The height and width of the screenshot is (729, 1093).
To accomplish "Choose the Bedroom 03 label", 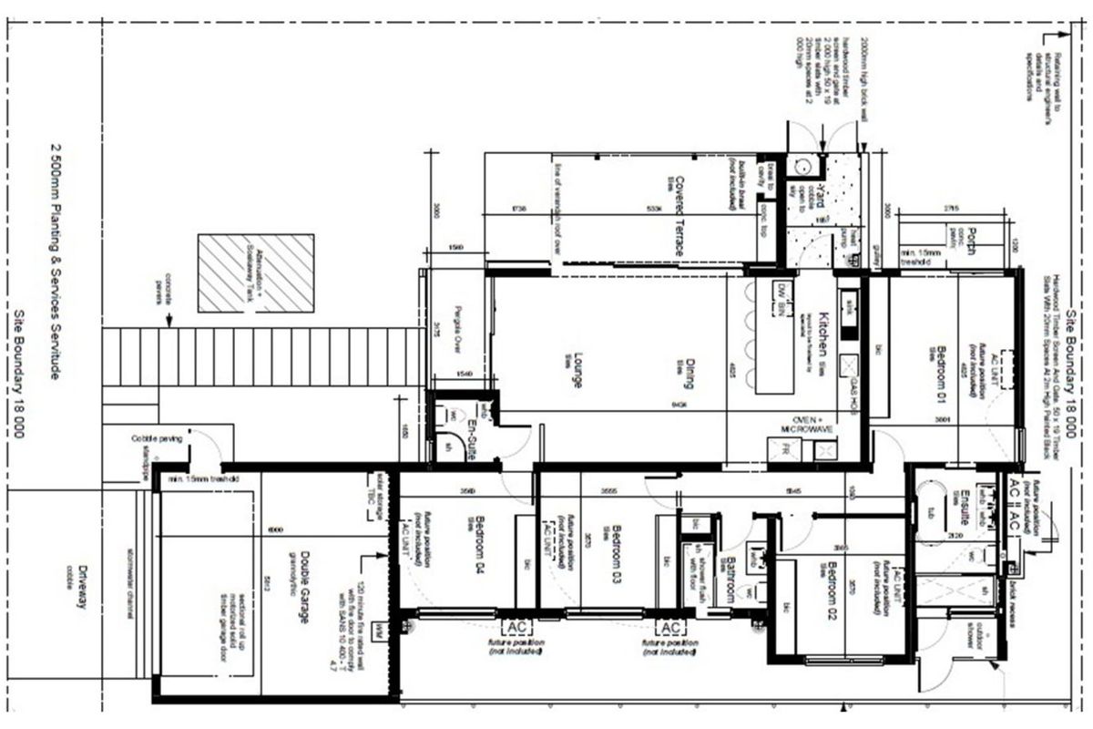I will point(617,546).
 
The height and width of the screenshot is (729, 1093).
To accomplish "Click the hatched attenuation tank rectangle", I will point(256,272).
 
